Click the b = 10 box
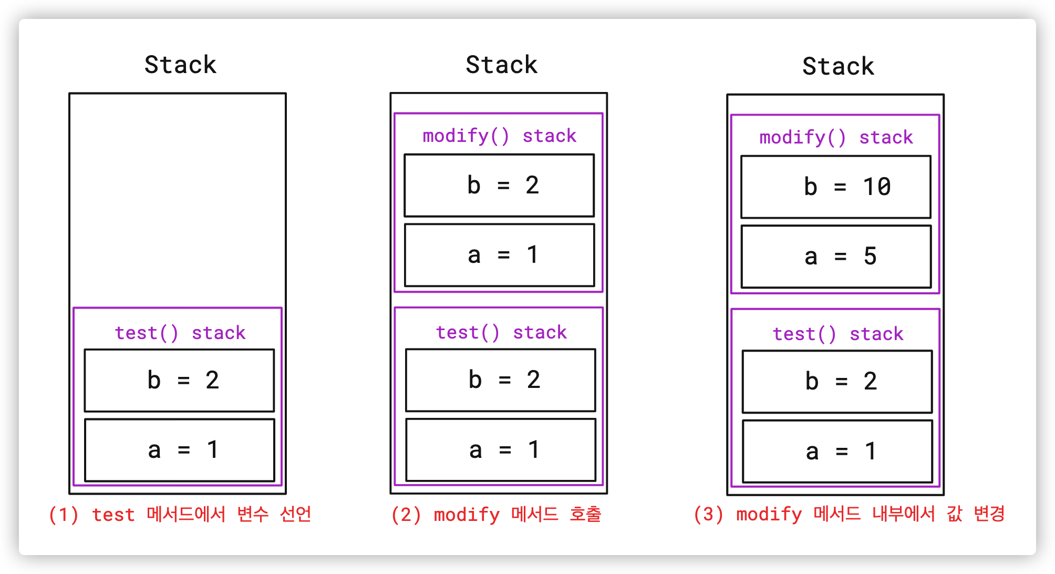835,187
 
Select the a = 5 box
836,257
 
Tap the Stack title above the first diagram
180,65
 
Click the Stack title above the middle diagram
501,65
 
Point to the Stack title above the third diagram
838,66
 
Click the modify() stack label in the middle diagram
499,136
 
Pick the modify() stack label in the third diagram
836,137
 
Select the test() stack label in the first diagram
180,333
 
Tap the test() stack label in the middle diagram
501,332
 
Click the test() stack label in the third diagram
838,334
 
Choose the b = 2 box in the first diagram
179,380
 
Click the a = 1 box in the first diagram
179,450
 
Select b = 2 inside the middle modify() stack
499,185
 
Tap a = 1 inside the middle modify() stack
499,255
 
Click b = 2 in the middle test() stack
500,380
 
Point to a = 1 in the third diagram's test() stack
837,451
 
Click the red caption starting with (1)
180,514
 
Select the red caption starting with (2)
496,514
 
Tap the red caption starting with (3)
849,514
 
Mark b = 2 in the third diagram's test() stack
837,381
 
